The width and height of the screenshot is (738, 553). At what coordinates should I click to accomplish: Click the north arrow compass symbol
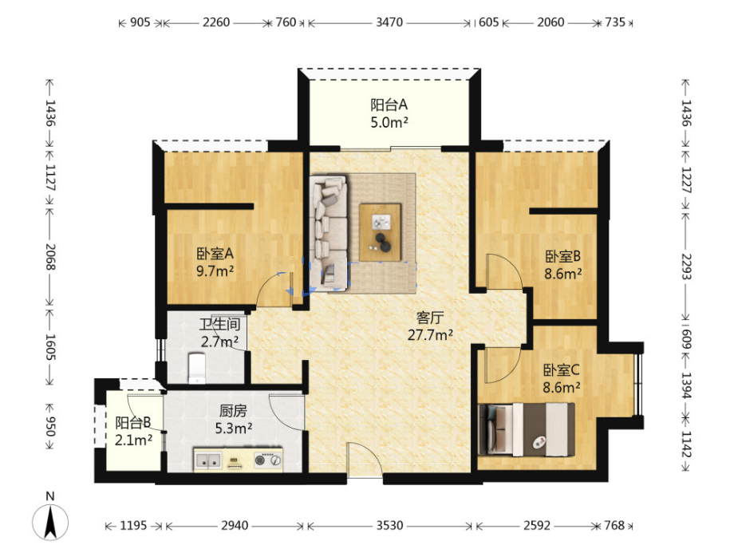[50, 521]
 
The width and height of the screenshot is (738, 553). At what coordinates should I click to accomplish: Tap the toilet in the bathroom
[196, 368]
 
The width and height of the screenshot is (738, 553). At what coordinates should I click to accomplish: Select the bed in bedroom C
[527, 429]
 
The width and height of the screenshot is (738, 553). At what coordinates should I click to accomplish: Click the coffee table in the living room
[381, 232]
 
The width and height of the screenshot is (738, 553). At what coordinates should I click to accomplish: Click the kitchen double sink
[208, 460]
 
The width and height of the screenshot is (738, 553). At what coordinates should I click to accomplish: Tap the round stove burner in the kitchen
[260, 460]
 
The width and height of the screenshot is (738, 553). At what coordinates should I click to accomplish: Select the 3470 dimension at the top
[389, 22]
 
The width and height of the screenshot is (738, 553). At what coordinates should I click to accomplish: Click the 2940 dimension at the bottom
[235, 525]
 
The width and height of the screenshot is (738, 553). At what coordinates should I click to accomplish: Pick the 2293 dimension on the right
[686, 267]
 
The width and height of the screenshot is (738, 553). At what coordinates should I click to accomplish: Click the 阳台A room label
[389, 105]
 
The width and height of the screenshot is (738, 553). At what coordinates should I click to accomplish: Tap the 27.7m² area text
[430, 334]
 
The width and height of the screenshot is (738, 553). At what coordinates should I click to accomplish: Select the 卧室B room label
[563, 256]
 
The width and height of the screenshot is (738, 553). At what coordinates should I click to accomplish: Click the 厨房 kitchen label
[233, 411]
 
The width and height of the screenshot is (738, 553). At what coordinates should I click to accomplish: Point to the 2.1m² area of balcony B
[133, 440]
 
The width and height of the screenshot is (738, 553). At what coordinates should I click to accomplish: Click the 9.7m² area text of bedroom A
[215, 271]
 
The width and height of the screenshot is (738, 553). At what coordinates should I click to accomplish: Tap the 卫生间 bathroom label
[219, 324]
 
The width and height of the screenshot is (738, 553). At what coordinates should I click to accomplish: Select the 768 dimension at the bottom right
[614, 525]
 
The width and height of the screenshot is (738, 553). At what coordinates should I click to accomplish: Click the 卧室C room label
[562, 370]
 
